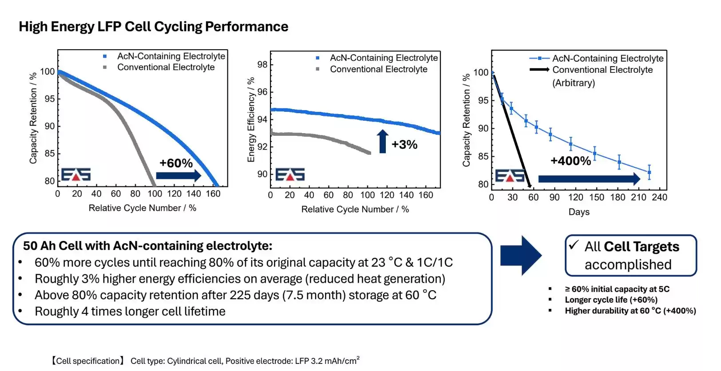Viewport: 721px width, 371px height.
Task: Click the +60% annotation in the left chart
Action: click(176, 163)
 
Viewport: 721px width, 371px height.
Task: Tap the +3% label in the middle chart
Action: click(404, 145)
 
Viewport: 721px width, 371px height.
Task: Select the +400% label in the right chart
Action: click(570, 161)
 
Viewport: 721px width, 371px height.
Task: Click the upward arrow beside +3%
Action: click(382, 141)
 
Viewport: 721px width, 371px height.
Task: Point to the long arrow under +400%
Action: click(589, 179)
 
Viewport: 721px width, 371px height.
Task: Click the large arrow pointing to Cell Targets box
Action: click(521, 256)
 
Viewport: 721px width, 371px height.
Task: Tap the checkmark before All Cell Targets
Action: click(574, 245)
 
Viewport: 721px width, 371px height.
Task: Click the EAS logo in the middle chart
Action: click(290, 174)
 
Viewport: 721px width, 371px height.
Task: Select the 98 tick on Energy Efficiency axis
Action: click(262, 65)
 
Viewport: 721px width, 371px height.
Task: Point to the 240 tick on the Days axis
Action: click(659, 197)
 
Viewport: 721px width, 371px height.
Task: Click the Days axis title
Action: click(579, 212)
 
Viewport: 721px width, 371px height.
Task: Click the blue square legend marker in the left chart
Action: click(105, 56)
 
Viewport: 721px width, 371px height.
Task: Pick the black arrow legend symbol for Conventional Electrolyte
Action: click(539, 70)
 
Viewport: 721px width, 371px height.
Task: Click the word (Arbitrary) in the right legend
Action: click(574, 83)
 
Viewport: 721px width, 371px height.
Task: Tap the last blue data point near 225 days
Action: click(649, 172)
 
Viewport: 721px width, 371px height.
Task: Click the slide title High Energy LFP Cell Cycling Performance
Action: click(154, 27)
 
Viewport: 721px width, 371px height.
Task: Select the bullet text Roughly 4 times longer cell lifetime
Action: click(130, 312)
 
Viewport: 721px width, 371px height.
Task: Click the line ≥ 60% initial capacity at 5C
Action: click(617, 289)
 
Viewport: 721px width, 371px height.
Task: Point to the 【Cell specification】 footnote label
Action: click(88, 361)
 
